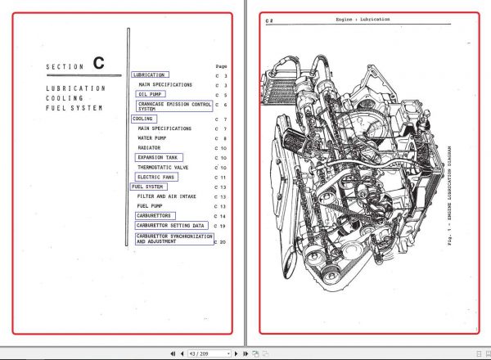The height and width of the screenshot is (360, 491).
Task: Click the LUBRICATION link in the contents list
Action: click(x=149, y=74)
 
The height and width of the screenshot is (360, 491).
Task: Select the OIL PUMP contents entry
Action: click(x=151, y=94)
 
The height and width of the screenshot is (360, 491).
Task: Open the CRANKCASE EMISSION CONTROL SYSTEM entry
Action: click(x=173, y=106)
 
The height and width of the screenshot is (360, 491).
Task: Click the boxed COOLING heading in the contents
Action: click(x=143, y=119)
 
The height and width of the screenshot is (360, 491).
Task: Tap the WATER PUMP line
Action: click(x=154, y=138)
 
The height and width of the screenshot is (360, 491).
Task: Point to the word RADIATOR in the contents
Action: click(x=149, y=148)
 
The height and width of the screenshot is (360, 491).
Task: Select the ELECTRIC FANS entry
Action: click(x=156, y=177)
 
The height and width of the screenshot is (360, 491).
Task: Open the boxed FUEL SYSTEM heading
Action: click(x=148, y=187)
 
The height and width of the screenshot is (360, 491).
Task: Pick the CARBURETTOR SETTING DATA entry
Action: click(x=170, y=225)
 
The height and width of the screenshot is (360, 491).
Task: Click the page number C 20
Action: click(x=221, y=242)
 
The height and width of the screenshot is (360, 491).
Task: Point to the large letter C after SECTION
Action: click(x=99, y=63)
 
